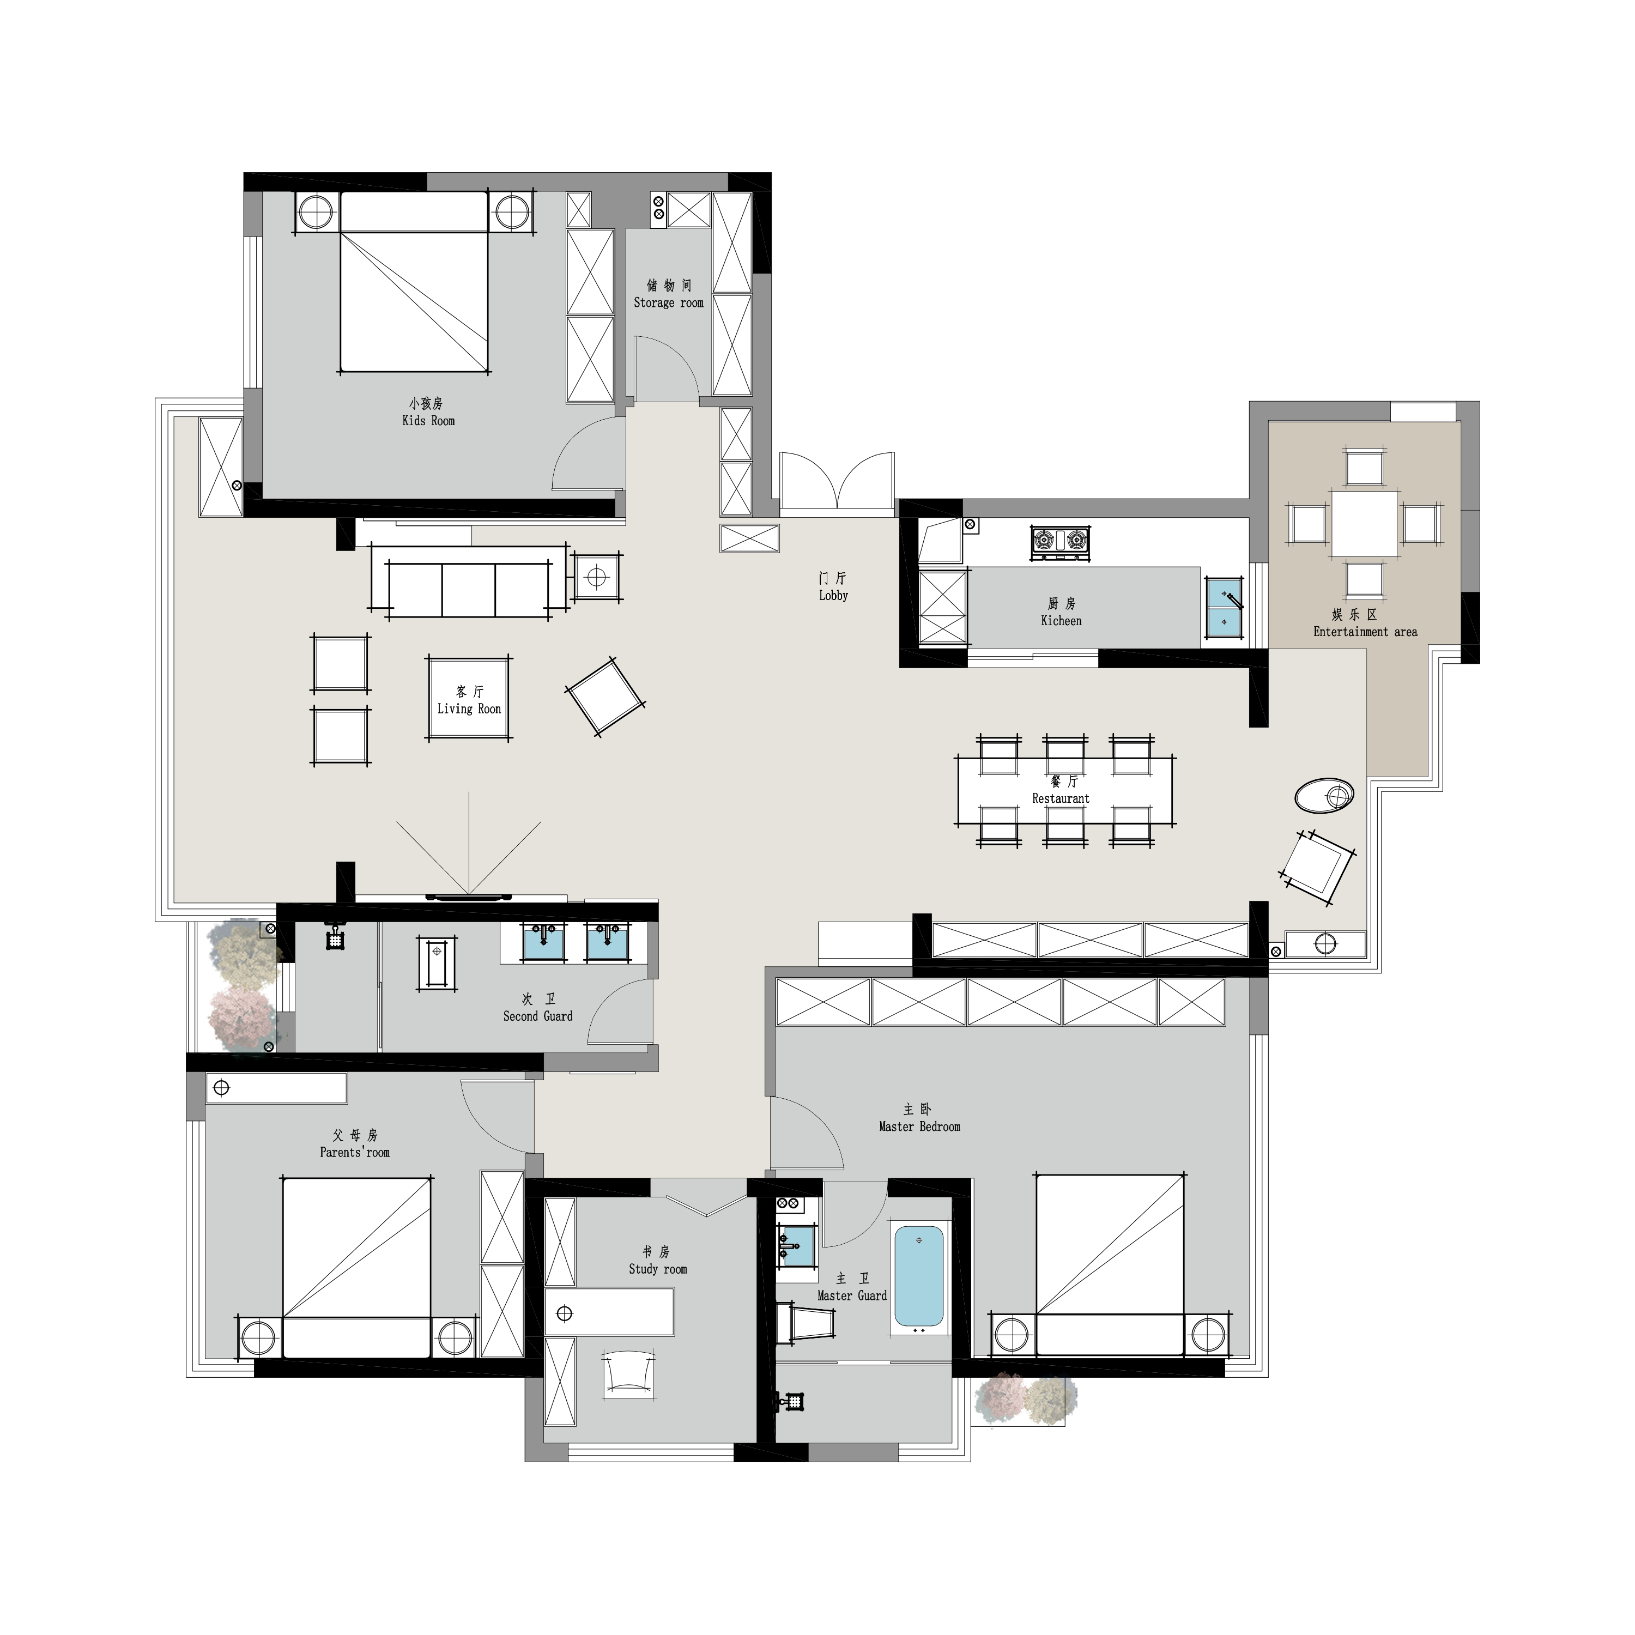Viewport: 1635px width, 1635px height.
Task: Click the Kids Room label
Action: (429, 421)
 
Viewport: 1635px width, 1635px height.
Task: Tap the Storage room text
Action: (669, 303)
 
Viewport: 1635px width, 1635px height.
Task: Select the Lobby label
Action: (834, 596)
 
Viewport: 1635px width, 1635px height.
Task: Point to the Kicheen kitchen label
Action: (1061, 621)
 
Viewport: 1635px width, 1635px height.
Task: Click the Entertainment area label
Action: (1365, 632)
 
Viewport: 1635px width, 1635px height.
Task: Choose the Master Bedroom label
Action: (920, 1127)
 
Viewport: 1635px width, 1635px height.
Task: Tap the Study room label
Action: (658, 1269)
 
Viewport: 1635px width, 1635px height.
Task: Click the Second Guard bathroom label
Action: (538, 1016)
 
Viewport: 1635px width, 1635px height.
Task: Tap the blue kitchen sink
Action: (1225, 606)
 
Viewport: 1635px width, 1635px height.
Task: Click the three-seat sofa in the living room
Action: (469, 582)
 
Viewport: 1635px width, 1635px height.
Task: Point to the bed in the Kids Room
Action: (414, 282)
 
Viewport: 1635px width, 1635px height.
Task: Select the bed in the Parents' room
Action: (356, 1268)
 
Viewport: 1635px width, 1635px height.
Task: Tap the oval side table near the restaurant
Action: (1324, 796)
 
